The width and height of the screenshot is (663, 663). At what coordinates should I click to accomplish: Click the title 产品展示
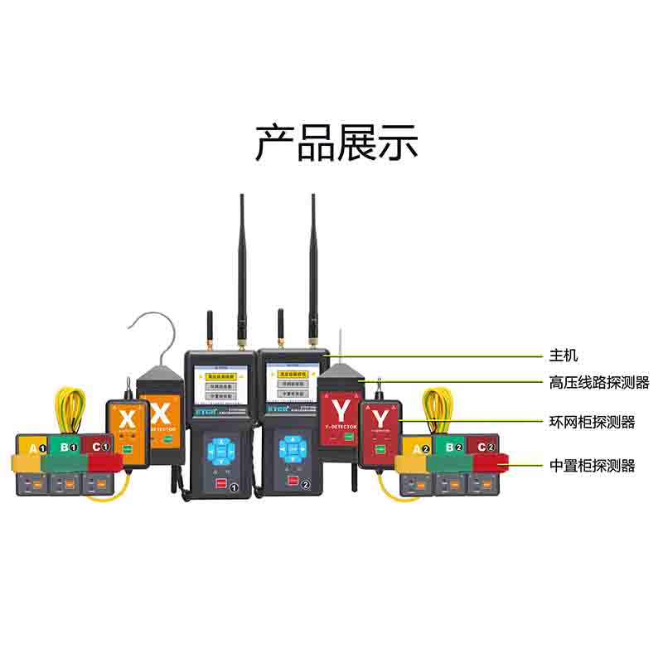tap(336, 143)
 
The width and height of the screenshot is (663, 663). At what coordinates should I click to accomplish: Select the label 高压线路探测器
tap(599, 382)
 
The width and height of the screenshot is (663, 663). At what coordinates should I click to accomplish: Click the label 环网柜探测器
tap(592, 422)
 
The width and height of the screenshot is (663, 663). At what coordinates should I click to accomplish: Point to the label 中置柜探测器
tap(592, 466)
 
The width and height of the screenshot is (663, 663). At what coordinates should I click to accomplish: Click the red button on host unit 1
tap(221, 484)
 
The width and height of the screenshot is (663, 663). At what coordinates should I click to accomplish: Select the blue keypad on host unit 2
tap(291, 448)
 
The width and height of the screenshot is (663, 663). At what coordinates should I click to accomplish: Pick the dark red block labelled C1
tap(98, 446)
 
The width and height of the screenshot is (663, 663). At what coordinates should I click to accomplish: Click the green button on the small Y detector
tap(381, 450)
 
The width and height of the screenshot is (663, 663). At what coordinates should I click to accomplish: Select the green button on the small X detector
tap(128, 450)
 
